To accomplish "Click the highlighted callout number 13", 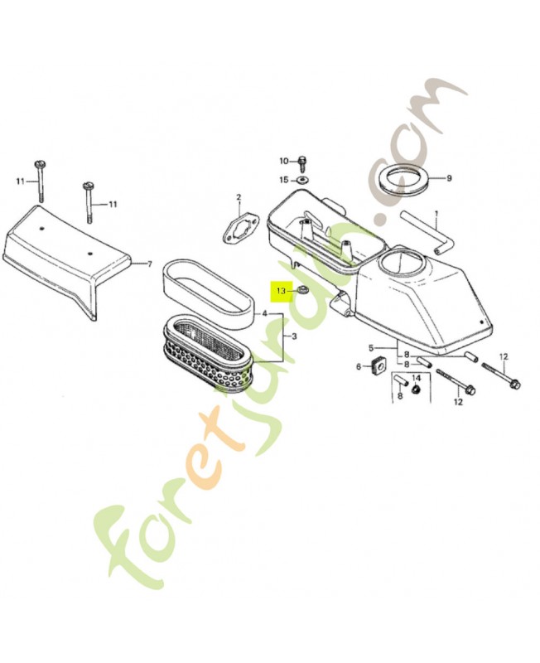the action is click(282, 291).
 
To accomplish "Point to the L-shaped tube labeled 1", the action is click(427, 233).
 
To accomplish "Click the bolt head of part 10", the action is click(302, 160).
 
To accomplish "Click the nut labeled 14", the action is click(417, 388).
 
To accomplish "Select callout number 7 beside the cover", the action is click(149, 264).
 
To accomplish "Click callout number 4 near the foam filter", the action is click(264, 313).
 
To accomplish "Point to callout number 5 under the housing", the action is click(370, 348).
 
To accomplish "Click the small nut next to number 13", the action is click(302, 291).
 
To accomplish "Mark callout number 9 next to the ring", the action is click(449, 178).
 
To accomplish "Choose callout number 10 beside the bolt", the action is click(283, 161).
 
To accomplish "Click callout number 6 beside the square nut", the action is click(359, 366).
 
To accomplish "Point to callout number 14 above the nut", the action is click(417, 377).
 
